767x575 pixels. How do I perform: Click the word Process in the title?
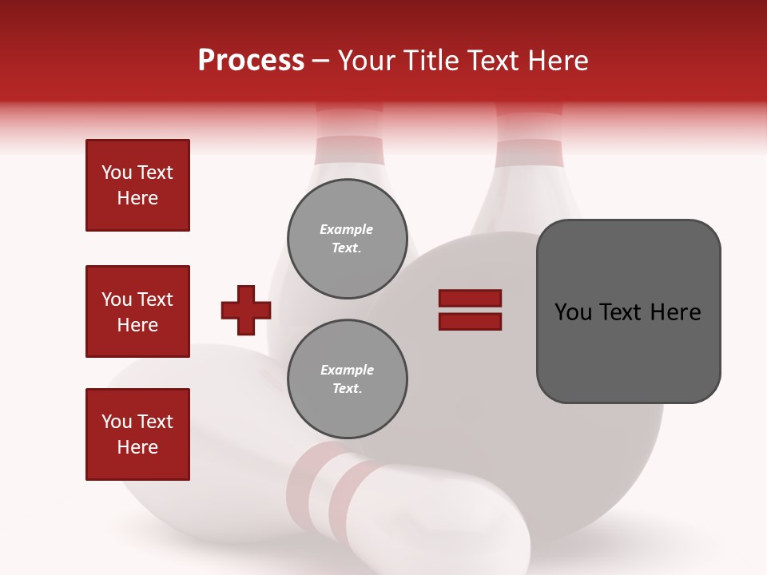(x=251, y=61)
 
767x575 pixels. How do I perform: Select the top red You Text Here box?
(x=137, y=185)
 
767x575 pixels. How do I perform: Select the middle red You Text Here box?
(x=137, y=311)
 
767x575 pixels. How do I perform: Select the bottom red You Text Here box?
(x=137, y=434)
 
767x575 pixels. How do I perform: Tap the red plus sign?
(x=246, y=310)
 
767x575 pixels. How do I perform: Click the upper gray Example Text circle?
(x=347, y=239)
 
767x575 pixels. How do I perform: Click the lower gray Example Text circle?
(x=347, y=379)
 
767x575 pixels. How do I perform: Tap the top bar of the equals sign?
(x=470, y=299)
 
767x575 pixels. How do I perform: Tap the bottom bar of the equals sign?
(x=470, y=321)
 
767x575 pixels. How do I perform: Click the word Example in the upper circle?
(x=347, y=229)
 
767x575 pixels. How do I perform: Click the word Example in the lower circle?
(x=347, y=370)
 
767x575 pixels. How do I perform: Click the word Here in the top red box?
(x=137, y=198)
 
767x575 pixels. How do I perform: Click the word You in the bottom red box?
(x=117, y=422)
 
